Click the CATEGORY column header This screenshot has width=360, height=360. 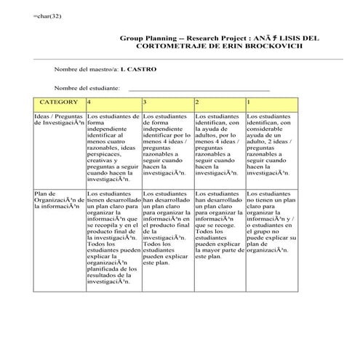pyautogui.click(x=58, y=103)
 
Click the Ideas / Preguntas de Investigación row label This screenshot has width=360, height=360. pyautogui.click(x=58, y=120)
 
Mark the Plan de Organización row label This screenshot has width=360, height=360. pyautogui.click(x=58, y=200)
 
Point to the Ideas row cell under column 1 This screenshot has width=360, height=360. pyautogui.click(x=271, y=145)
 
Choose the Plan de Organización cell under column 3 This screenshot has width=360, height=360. pyautogui.click(x=167, y=225)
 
